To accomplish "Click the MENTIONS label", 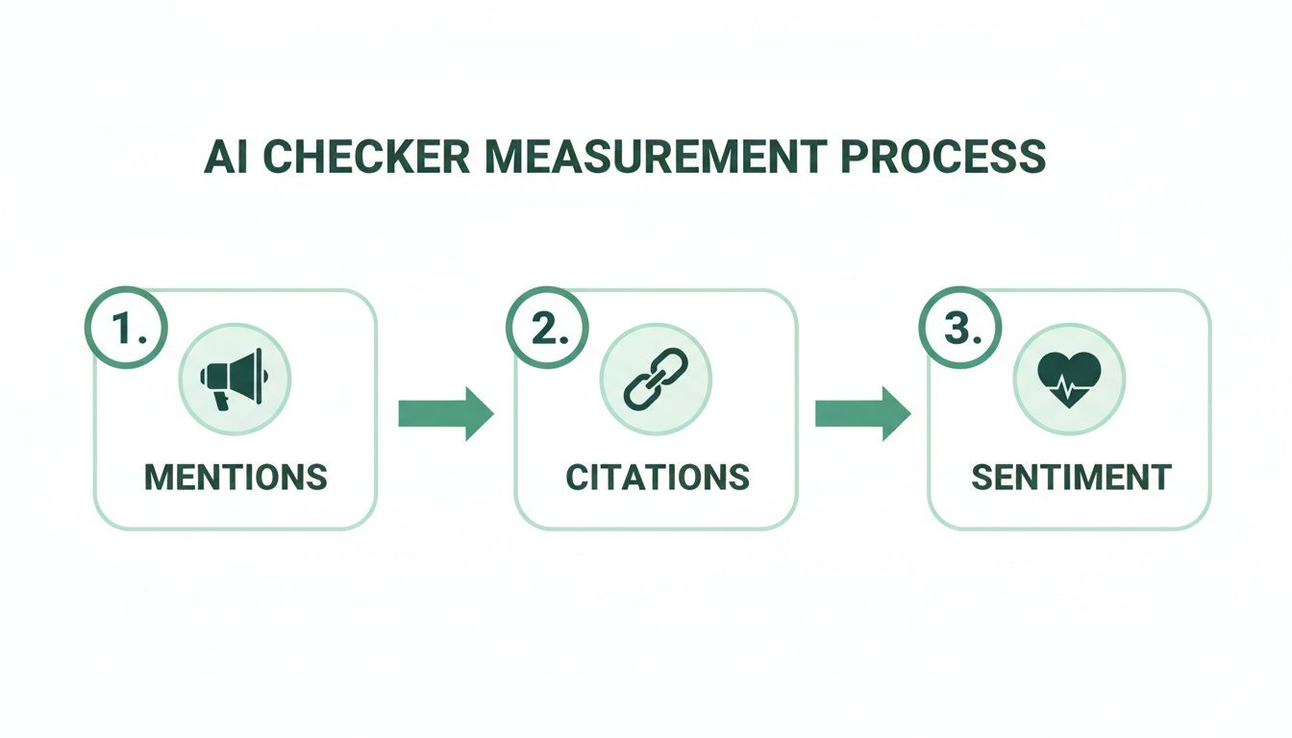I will [x=236, y=477].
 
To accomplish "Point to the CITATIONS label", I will [x=657, y=477].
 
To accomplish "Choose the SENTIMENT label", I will [x=1070, y=477].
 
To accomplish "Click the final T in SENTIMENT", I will [x=1161, y=477].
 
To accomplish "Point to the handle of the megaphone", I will [x=223, y=400].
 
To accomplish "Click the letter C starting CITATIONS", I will [x=576, y=477].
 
